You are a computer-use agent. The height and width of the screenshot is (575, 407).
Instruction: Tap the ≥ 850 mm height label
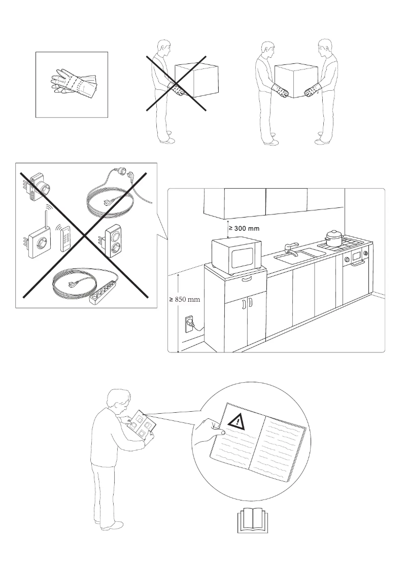(x=185, y=300)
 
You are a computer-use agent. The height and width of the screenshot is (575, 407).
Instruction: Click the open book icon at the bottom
(x=252, y=521)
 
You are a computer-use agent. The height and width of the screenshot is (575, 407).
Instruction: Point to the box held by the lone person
(x=196, y=80)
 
